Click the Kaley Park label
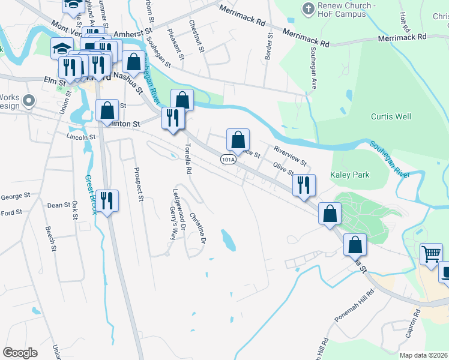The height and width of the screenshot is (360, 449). (x=350, y=175)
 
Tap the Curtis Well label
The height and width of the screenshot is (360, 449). (x=391, y=116)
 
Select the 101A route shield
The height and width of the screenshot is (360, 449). (x=228, y=160)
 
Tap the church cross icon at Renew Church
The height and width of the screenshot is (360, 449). (x=307, y=9)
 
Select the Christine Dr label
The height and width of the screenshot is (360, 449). (x=199, y=228)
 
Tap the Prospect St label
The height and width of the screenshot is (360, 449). (x=139, y=184)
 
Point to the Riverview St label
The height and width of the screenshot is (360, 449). (x=290, y=155)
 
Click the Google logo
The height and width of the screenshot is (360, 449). (x=20, y=353)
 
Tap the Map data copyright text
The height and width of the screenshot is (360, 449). (x=423, y=355)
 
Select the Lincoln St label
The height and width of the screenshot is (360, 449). (x=80, y=137)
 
